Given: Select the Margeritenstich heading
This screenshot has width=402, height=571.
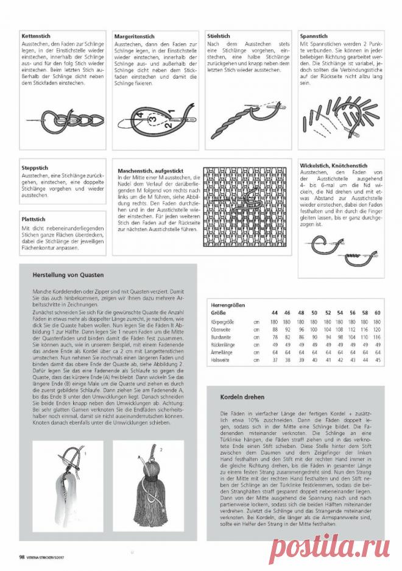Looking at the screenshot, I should point(134,37).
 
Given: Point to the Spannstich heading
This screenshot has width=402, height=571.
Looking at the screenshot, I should point(313,37).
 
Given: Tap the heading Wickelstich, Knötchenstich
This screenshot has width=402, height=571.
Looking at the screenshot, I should point(333,165).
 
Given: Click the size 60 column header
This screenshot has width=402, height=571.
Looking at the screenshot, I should point(378,313).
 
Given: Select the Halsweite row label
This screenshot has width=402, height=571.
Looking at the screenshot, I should point(220,360).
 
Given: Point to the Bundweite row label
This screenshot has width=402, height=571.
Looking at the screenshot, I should point(220,336).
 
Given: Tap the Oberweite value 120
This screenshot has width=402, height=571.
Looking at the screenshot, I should point(378,328).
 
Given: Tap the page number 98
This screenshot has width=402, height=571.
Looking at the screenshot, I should point(22,556).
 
